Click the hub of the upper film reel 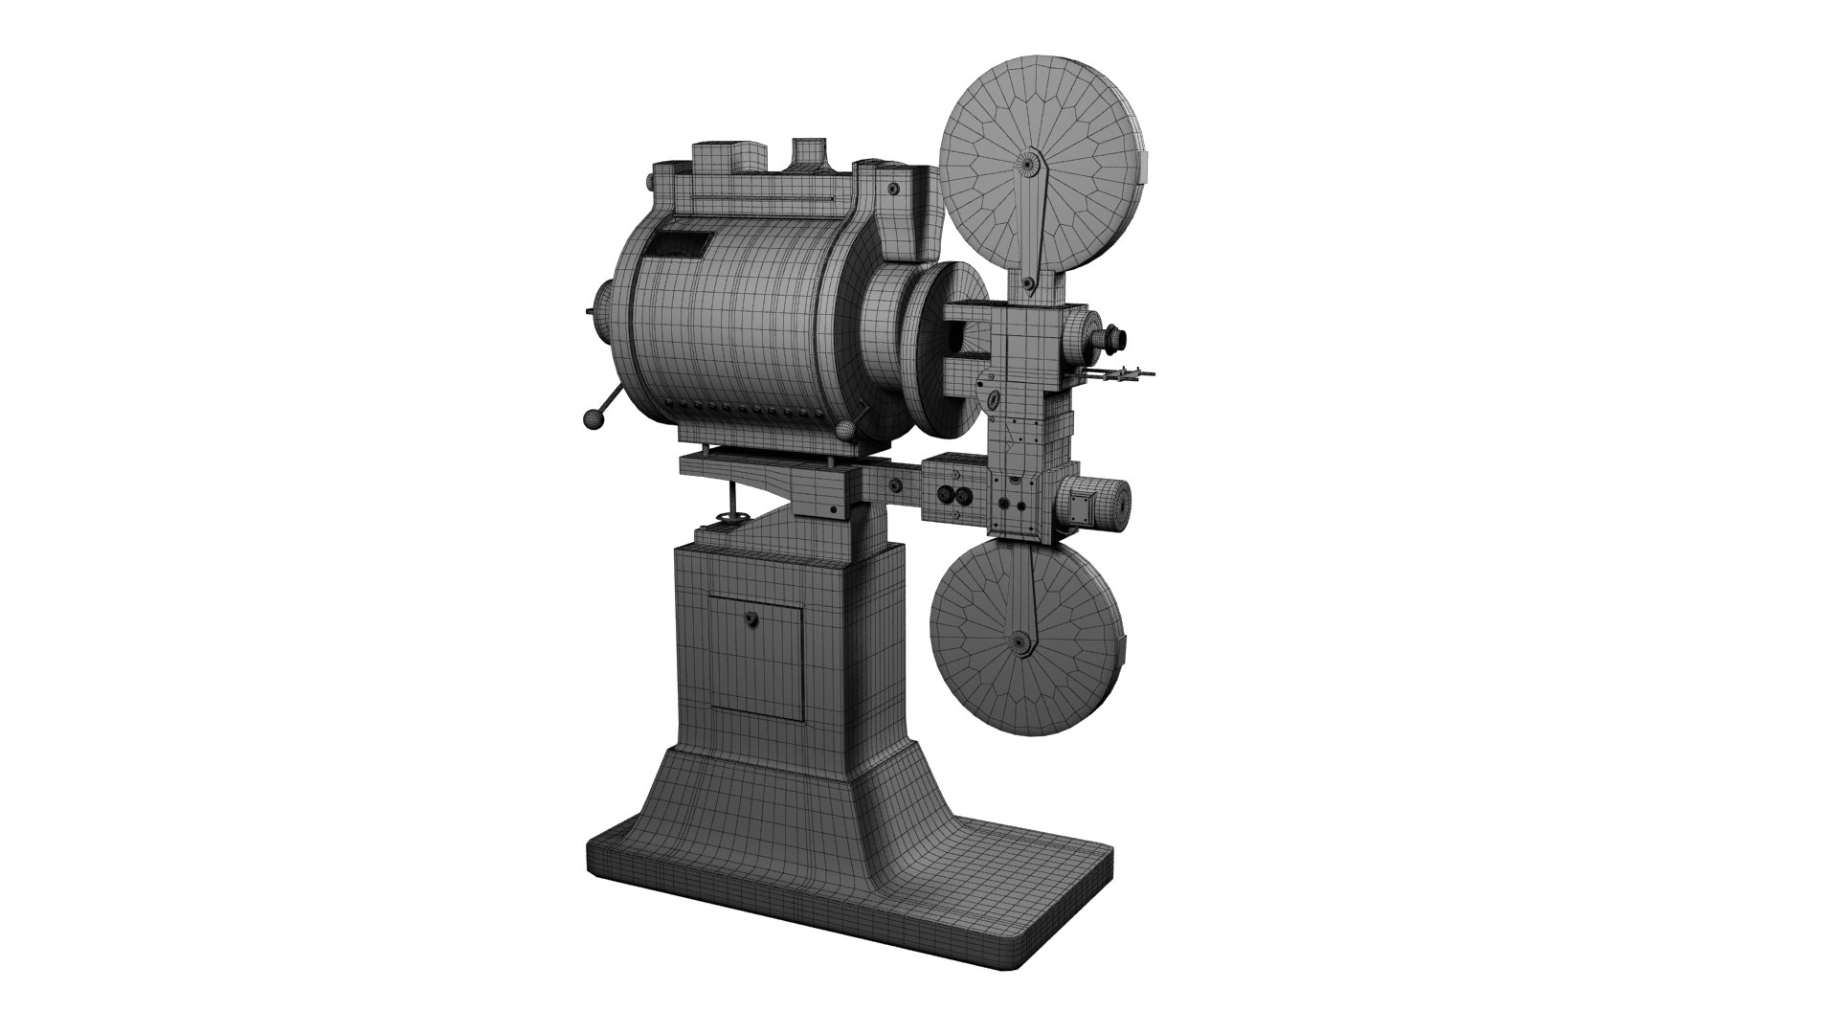tap(1030, 164)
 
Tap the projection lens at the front tap(1116, 336)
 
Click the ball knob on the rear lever tap(593, 418)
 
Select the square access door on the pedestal tap(756, 656)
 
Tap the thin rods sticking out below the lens tap(1126, 376)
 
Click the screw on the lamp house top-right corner tap(892, 191)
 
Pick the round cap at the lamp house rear tap(605, 312)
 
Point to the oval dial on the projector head tap(993, 400)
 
